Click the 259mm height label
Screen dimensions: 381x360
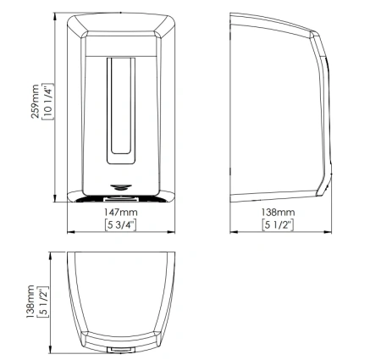coord(35,101)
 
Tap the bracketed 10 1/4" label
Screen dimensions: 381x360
coord(47,102)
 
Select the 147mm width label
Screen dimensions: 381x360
coord(121,212)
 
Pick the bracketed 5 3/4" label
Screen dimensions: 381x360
coord(120,225)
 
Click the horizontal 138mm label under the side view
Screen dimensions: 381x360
coord(278,212)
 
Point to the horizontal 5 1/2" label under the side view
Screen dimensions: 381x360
coord(278,225)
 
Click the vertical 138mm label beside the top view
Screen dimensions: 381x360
coord(30,302)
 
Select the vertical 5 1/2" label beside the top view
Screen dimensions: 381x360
coord(43,302)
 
